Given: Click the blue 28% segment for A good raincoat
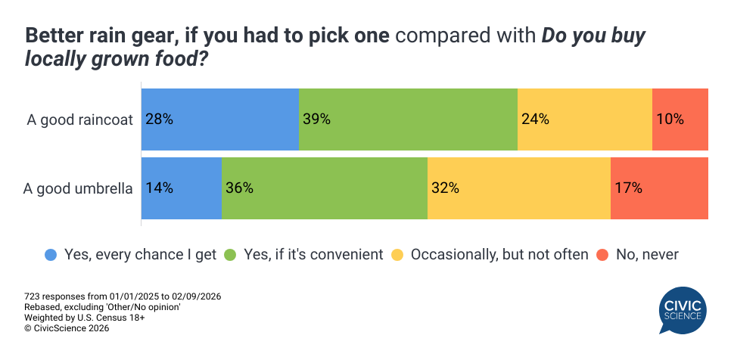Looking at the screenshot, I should click(x=220, y=119).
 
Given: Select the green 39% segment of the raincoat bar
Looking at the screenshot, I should click(x=408, y=119).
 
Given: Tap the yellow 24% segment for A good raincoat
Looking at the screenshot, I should click(x=584, y=119).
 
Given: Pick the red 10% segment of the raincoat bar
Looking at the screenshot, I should click(x=680, y=119).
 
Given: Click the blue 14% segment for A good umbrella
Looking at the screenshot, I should click(x=182, y=188).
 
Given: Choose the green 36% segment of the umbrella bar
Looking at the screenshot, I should click(x=325, y=188).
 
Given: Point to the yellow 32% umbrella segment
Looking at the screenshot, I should click(x=518, y=188).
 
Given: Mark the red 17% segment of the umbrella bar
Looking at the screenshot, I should click(x=659, y=188).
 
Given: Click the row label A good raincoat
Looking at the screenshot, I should click(x=79, y=119).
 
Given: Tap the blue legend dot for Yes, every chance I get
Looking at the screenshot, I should click(x=51, y=255).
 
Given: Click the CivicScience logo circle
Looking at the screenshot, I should click(x=683, y=309).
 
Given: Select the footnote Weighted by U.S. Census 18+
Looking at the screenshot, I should click(x=85, y=318).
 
